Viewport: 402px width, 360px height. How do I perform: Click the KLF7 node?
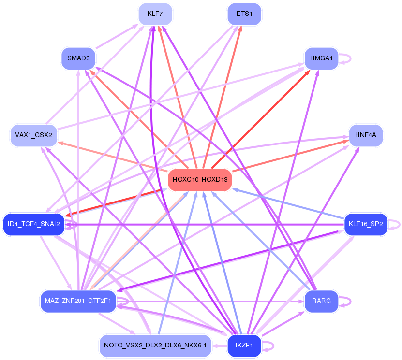coord(155,14)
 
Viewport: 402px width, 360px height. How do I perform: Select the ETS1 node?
coord(244,14)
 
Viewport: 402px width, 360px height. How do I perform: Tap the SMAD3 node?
coord(78,58)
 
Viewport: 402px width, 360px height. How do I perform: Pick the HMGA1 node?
coord(322,58)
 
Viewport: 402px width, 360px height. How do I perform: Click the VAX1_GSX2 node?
coord(33,135)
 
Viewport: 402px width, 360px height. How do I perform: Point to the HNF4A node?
coord(366,135)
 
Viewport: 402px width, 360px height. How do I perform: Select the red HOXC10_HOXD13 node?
coord(200,180)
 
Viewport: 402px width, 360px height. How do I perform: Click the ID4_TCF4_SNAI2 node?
coord(33,224)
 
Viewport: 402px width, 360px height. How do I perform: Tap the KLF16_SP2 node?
coord(366,224)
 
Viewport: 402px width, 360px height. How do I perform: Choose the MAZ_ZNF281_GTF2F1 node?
coord(78,301)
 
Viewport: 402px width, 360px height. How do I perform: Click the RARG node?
coord(322,301)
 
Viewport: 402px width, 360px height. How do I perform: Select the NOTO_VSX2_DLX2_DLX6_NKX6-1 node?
coord(155,346)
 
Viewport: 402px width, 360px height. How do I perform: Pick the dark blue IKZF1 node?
coord(244,346)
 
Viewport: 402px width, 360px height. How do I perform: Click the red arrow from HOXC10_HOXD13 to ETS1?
coord(222,97)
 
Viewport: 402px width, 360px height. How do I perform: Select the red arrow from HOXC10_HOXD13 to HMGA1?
coord(261,119)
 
